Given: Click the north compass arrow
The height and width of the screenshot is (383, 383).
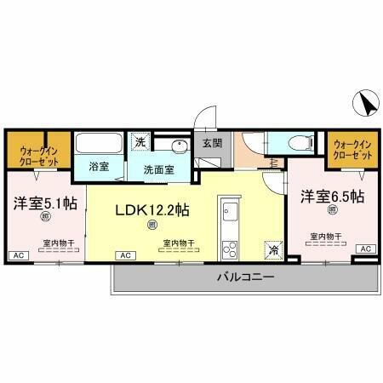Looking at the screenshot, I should tap(368, 105).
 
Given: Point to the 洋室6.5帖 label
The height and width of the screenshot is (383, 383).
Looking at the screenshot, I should tap(331, 197).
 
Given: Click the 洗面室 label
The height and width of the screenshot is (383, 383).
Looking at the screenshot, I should tap(158, 169).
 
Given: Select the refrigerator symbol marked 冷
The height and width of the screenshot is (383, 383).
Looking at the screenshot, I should tap(273, 249).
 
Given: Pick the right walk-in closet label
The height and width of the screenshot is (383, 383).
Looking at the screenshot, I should tap(352, 151).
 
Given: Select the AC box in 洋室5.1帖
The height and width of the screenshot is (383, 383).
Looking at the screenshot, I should tap(16, 254).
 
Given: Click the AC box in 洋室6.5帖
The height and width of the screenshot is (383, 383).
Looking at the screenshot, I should tap(365, 249).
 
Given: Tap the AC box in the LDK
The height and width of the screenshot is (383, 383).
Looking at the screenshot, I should tap(124, 254).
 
